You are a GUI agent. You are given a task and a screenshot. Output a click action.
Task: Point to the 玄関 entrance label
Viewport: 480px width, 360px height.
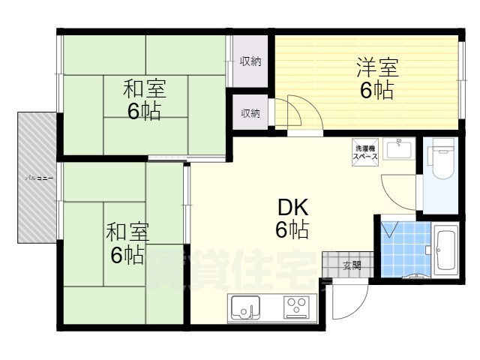click(x=352, y=265)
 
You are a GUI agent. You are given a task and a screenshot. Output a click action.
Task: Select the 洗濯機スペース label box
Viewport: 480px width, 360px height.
click(x=365, y=149)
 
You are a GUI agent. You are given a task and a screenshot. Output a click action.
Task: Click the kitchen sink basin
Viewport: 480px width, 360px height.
click(x=244, y=307)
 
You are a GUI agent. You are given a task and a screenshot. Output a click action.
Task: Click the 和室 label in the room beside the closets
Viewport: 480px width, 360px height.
click(x=144, y=89)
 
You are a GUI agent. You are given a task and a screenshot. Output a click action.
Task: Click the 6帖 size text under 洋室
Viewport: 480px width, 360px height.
click(x=375, y=91)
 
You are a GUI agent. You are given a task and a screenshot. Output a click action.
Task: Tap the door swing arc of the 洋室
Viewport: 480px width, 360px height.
click(x=289, y=112)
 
